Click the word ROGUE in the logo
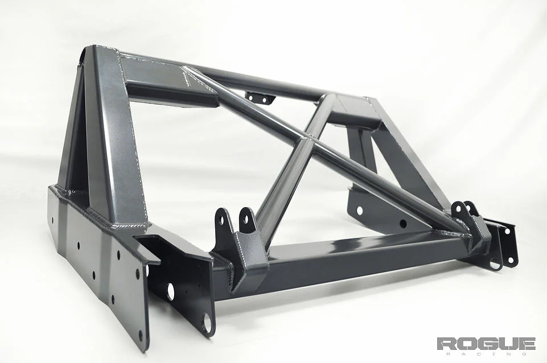click(x=486, y=344)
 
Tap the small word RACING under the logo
click(x=486, y=354)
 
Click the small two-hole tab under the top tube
click(x=260, y=98)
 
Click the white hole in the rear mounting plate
click(x=360, y=211)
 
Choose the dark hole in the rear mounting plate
click(x=402, y=224)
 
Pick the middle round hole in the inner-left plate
click(x=170, y=291)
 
